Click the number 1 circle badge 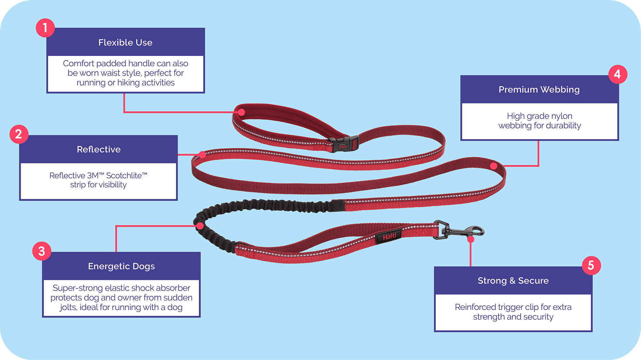(x=45, y=28)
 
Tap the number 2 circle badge (x=19, y=134)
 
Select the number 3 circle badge (x=42, y=251)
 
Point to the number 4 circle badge (x=618, y=74)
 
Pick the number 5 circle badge (x=591, y=266)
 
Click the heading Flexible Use (x=125, y=43)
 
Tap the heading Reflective (x=99, y=149)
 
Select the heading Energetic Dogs (x=121, y=266)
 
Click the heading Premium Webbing (x=539, y=90)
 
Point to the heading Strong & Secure (x=513, y=281)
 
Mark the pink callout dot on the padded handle (x=242, y=112)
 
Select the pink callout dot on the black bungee (x=200, y=226)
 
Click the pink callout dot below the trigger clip (x=470, y=239)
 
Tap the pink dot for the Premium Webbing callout (x=494, y=166)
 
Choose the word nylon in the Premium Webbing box (x=562, y=116)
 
